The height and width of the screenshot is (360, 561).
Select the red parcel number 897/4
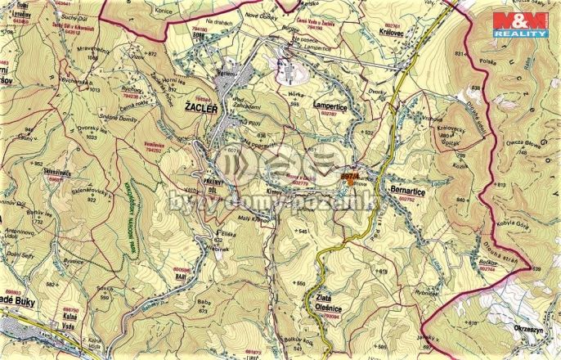pyautogui.click(x=350, y=173)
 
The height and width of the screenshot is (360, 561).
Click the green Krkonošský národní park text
pyautogui.click(x=133, y=214)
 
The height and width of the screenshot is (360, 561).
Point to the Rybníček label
pyautogui.click(x=426, y=292)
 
